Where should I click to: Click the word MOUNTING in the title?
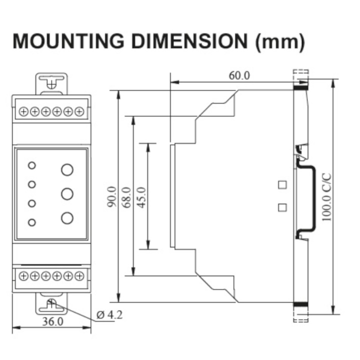[68, 41]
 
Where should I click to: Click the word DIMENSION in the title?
[189, 41]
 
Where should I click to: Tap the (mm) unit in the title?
[280, 42]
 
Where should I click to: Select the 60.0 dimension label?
[239, 75]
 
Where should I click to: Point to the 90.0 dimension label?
[112, 196]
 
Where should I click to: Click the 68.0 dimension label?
[126, 197]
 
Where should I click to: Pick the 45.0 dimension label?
[141, 197]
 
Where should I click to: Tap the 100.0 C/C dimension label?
[326, 197]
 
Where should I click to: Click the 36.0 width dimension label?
[52, 321]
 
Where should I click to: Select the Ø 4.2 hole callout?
[109, 315]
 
